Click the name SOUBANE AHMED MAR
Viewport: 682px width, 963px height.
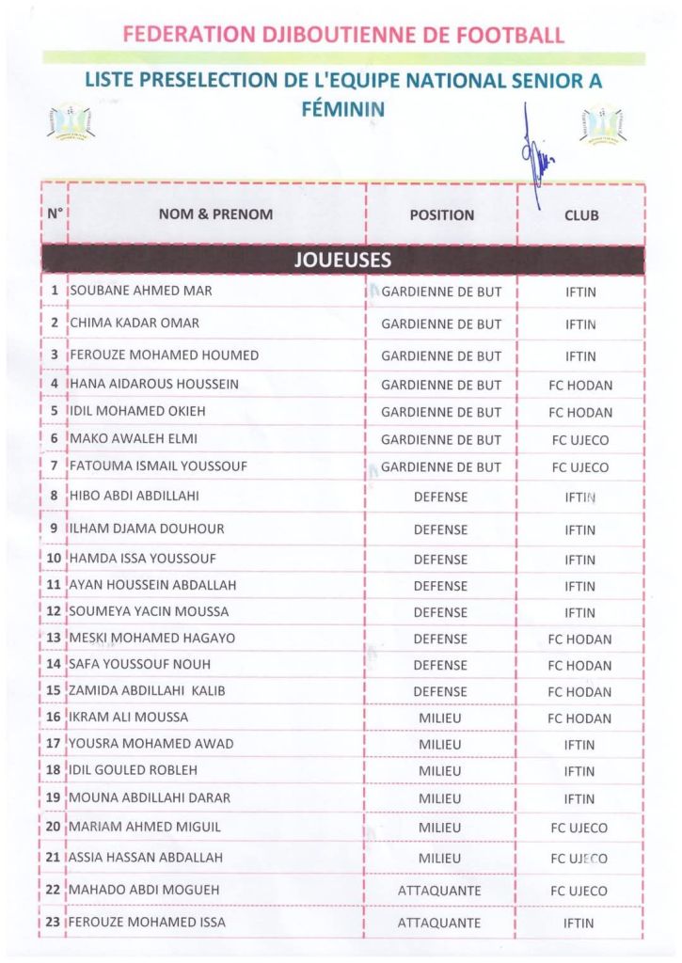coord(141,292)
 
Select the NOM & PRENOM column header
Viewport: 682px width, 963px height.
coord(215,214)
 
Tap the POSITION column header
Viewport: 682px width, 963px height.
coord(441,214)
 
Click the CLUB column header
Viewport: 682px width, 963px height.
coord(580,215)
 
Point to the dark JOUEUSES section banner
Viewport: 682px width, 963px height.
coord(342,260)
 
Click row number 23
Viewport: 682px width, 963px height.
coord(53,923)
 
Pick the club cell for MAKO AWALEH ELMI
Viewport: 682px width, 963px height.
coord(580,439)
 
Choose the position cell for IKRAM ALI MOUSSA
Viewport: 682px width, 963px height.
coord(440,718)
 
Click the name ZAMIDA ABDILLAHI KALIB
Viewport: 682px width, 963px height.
coord(148,691)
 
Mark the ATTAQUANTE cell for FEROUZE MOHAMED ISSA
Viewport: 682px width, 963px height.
coord(439,923)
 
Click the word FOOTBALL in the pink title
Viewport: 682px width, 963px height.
coord(510,36)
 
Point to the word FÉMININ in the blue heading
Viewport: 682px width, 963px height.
coord(342,108)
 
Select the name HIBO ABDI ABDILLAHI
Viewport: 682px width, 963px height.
coord(135,496)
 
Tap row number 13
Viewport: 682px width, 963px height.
coord(53,639)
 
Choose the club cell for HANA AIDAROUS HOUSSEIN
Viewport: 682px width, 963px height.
coord(580,385)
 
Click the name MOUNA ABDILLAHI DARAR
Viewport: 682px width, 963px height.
coord(150,798)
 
